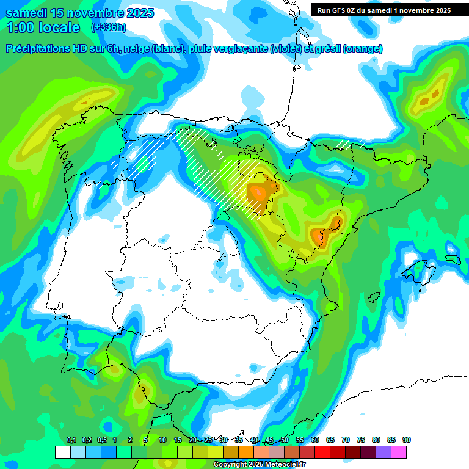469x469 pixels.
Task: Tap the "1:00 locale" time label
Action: pos(43,27)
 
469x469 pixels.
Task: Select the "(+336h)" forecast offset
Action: pos(108,27)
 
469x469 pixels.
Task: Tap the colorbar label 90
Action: pos(407,440)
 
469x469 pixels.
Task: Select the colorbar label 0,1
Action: pos(71,440)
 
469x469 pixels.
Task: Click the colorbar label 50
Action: pos(285,440)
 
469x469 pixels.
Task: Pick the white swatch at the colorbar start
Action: pos(62,452)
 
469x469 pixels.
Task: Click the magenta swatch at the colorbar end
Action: pos(399,452)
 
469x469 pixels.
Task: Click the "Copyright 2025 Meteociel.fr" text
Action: pos(260,465)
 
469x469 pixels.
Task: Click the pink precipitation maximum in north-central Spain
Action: pos(259,192)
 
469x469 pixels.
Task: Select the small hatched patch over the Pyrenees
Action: pos(350,145)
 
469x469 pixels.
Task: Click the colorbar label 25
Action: pos(208,440)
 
